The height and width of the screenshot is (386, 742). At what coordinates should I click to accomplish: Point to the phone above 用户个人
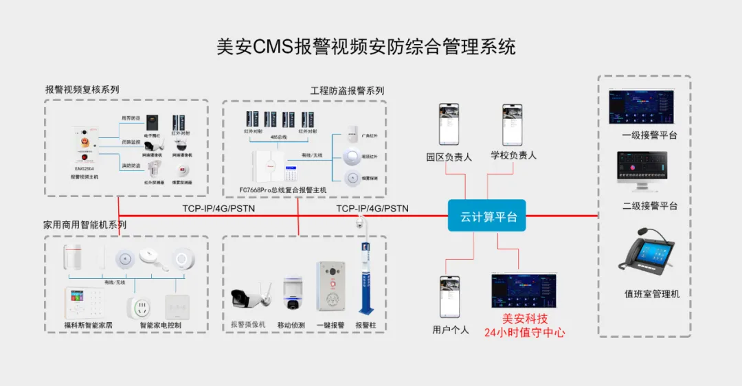tap(449, 296)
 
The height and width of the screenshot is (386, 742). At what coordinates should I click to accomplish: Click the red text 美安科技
tap(524, 319)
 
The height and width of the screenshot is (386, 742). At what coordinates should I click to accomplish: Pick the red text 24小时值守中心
tap(524, 332)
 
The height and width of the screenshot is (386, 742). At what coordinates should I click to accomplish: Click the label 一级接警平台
tap(649, 135)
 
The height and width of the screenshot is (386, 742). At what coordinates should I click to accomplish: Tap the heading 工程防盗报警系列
tap(347, 91)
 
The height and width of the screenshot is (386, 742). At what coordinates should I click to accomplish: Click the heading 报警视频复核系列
tap(82, 89)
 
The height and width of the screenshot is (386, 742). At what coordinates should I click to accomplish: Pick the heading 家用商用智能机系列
tap(85, 225)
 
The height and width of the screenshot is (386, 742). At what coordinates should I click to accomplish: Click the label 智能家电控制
tap(160, 325)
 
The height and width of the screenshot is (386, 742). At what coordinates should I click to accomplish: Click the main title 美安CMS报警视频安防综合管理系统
tap(366, 47)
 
